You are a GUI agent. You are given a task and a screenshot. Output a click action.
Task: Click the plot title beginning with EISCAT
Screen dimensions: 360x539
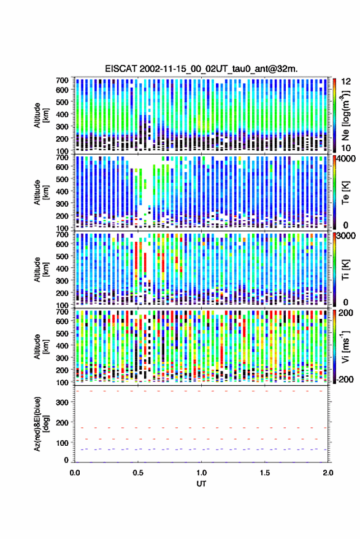pos(201,69)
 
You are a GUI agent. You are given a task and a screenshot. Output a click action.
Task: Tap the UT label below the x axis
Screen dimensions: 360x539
pos(202,484)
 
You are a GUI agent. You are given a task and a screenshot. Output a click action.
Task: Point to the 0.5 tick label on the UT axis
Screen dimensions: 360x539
pos(138,473)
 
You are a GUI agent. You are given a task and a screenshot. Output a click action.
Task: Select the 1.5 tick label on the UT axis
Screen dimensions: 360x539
pos(265,473)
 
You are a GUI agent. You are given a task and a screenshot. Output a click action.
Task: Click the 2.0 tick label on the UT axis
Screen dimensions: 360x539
pos(328,473)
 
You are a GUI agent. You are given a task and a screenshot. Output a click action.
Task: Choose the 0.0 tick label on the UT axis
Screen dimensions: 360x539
pos(75,473)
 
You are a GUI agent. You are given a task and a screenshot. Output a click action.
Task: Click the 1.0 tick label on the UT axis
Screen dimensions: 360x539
pos(202,473)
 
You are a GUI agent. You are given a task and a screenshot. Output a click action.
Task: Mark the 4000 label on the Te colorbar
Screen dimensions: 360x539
pos(347,159)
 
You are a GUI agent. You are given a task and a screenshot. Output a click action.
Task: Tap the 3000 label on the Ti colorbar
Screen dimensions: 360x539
pos(347,236)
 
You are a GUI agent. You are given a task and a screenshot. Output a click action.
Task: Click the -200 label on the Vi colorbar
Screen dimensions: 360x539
pos(345,380)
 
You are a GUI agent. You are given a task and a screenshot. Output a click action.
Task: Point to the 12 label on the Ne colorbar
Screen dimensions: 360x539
pos(347,82)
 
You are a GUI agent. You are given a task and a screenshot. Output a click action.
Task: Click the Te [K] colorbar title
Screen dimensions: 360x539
pos(345,193)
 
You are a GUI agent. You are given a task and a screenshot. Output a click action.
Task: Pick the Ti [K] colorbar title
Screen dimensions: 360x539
pos(345,270)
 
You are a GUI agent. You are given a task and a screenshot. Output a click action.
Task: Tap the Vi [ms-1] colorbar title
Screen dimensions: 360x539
pos(345,346)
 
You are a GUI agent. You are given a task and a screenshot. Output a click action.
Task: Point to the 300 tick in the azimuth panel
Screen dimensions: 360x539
pos(62,402)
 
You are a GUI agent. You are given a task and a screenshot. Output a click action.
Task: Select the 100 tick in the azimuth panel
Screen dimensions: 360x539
pos(62,443)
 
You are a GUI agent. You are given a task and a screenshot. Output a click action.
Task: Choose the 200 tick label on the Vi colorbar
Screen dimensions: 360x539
pos(346,313)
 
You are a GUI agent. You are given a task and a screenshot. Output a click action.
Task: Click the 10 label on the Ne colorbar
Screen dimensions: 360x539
pos(347,148)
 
